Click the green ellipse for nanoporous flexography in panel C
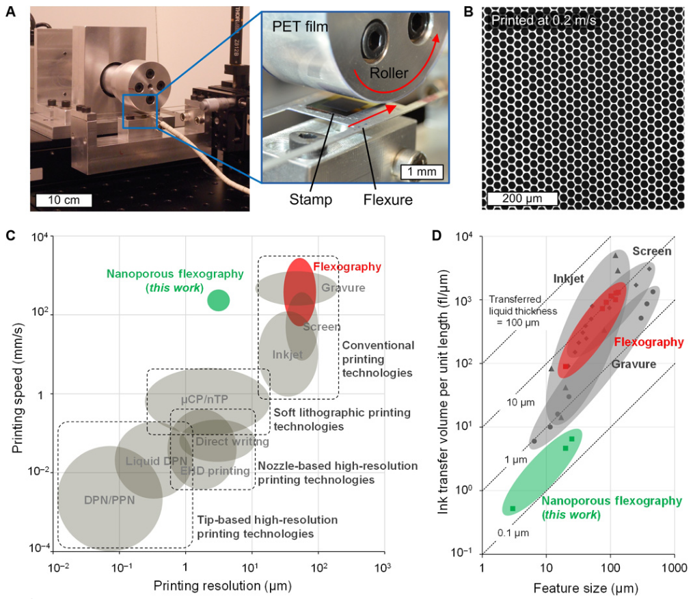(x=218, y=299)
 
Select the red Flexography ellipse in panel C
(x=299, y=291)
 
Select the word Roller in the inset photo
(x=390, y=73)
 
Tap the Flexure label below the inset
(x=389, y=200)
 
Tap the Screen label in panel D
(x=651, y=251)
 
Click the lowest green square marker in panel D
(x=513, y=508)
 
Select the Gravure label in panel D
(x=634, y=364)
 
